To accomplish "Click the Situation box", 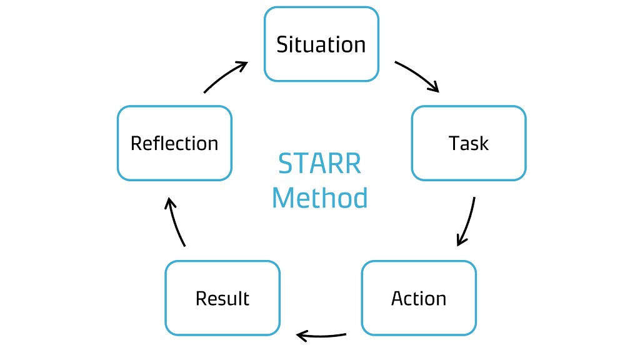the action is [x=322, y=44].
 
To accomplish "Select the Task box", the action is [x=469, y=143].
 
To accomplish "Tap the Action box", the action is [x=419, y=298].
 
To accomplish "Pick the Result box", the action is [x=222, y=298].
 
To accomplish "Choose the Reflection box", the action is [x=175, y=143].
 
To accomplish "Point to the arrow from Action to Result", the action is [x=321, y=336].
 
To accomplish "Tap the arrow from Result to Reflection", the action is [x=174, y=222].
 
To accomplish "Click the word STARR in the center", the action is [x=319, y=164].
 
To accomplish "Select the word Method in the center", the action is [x=319, y=198].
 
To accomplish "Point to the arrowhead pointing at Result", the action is [x=301, y=336].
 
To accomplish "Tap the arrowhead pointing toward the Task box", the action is [x=434, y=87].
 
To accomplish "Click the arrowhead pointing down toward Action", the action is [x=461, y=241].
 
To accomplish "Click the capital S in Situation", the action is [x=282, y=44].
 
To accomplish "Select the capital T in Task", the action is [x=455, y=143].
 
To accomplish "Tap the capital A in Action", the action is [x=398, y=298].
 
